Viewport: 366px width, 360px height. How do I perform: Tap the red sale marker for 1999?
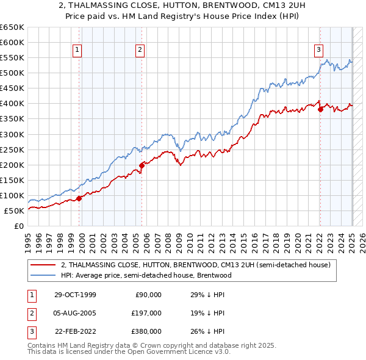click(x=79, y=198)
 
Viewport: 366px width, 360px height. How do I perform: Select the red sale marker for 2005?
click(x=142, y=165)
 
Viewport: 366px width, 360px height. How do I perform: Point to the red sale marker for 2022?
click(x=320, y=109)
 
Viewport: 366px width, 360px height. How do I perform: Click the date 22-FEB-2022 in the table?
click(x=74, y=331)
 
